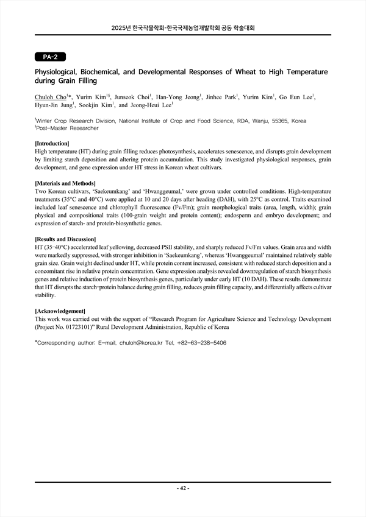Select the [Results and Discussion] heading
pyautogui.click(x=65, y=239)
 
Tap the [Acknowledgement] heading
pyautogui.click(x=60, y=311)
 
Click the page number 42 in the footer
pyautogui.click(x=183, y=488)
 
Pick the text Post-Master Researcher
pyautogui.click(x=68, y=128)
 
